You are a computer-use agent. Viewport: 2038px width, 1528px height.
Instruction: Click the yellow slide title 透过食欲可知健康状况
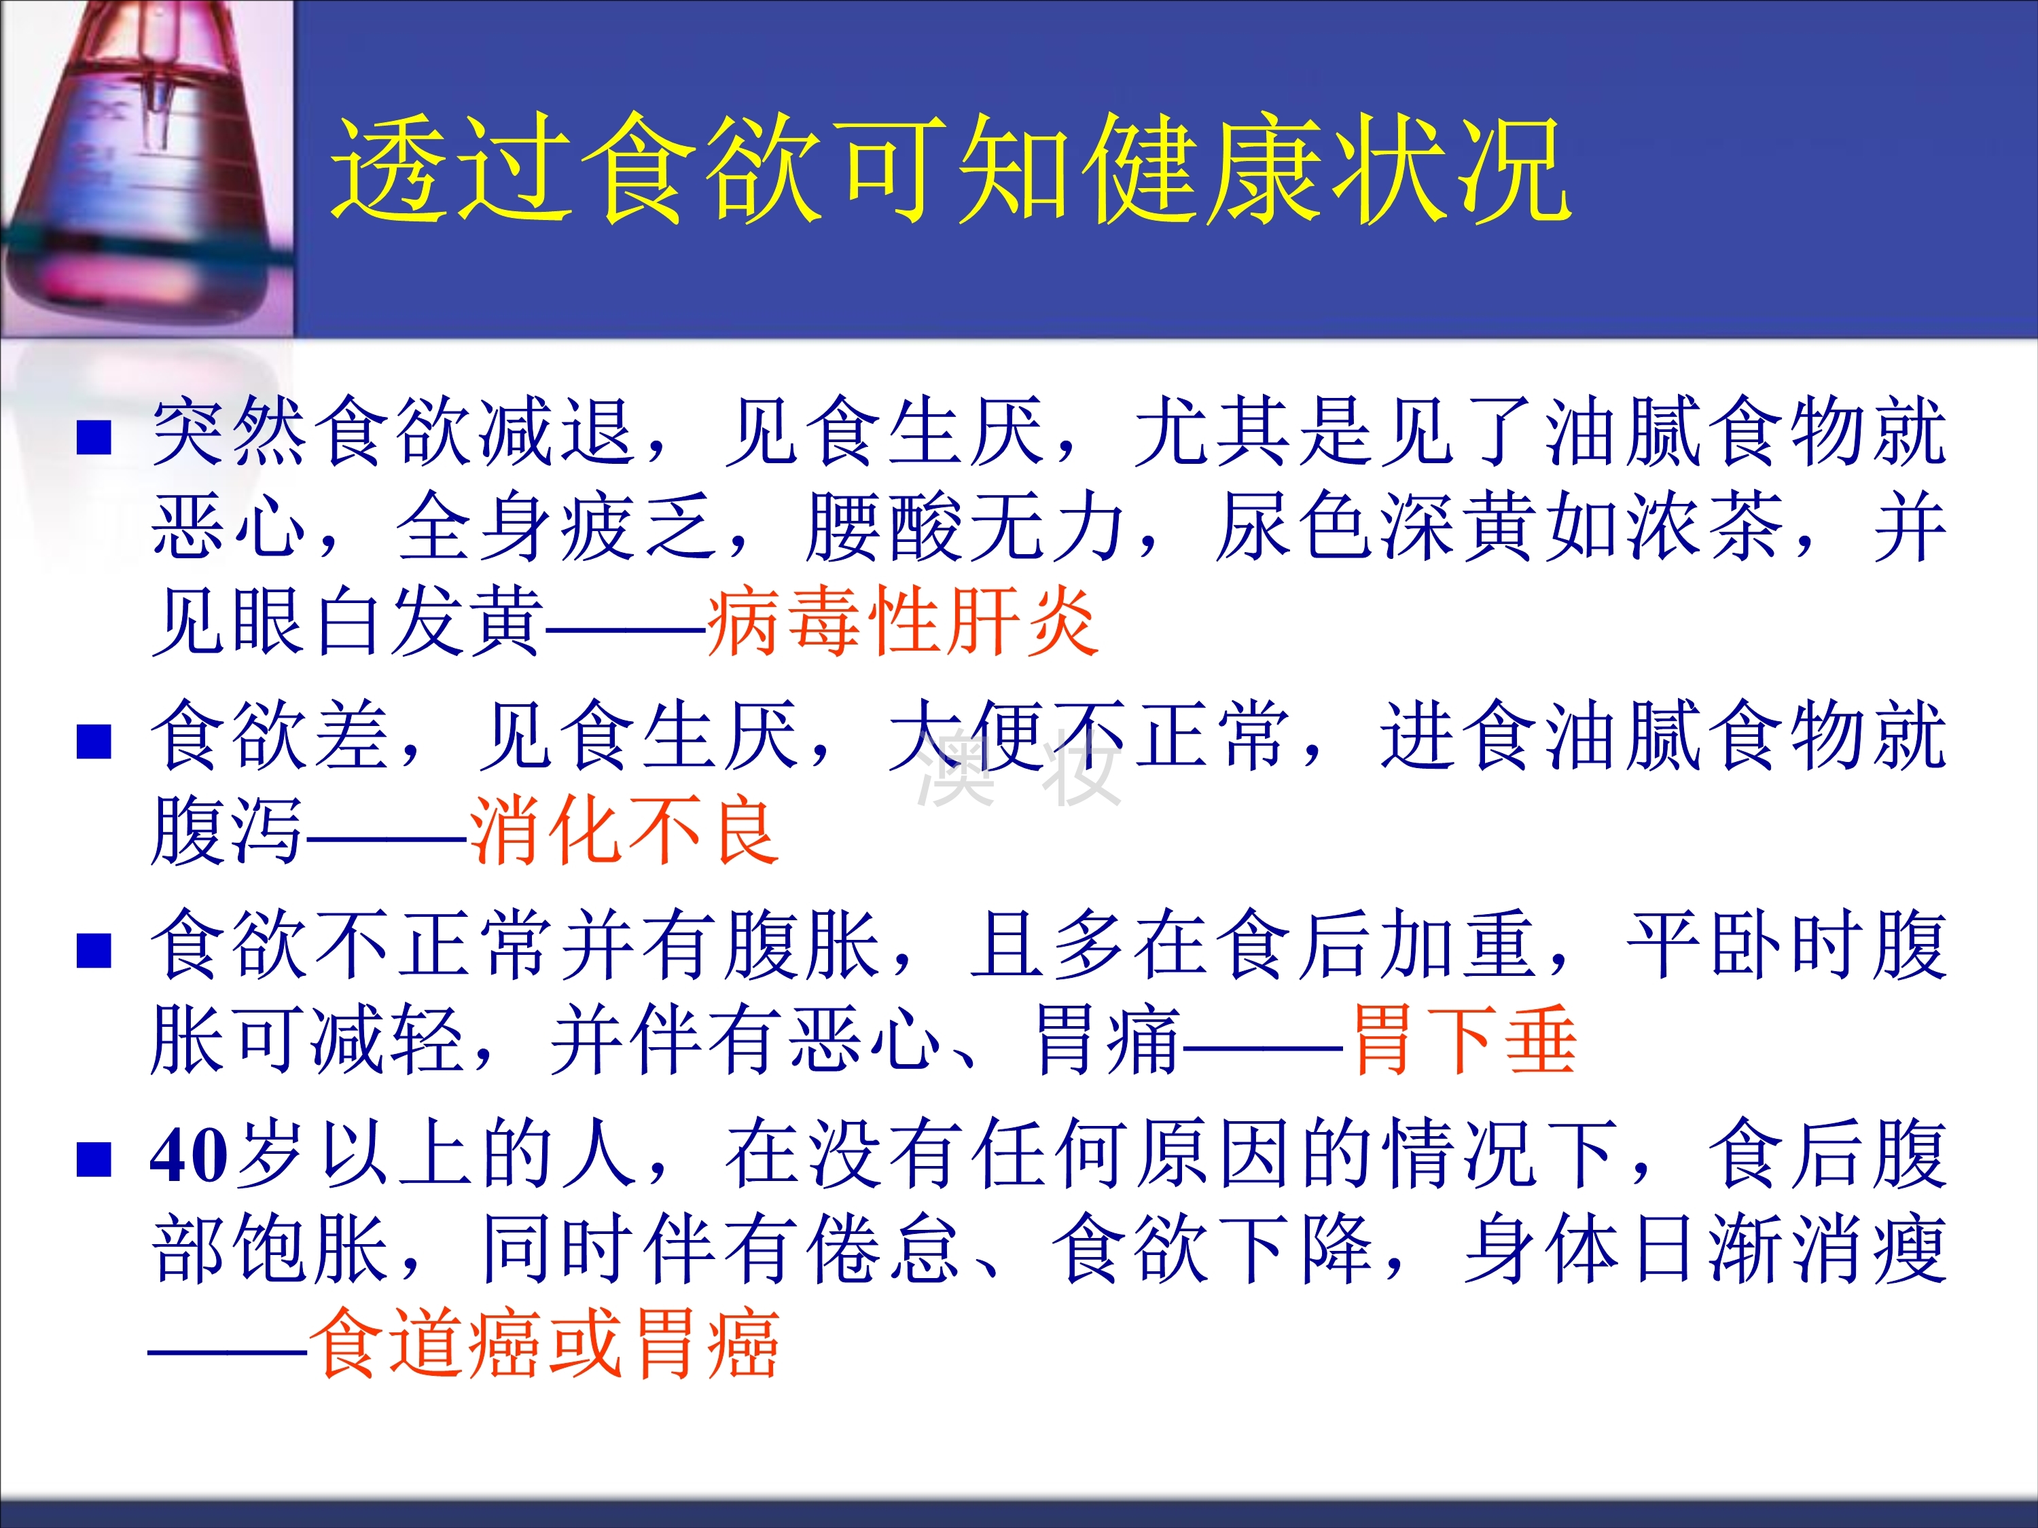[x=951, y=168]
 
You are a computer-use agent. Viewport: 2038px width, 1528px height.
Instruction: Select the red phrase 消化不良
[x=625, y=830]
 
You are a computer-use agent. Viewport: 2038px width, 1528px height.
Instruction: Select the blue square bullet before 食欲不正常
[x=94, y=951]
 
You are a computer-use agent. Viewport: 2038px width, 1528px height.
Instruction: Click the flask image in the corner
[x=147, y=168]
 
